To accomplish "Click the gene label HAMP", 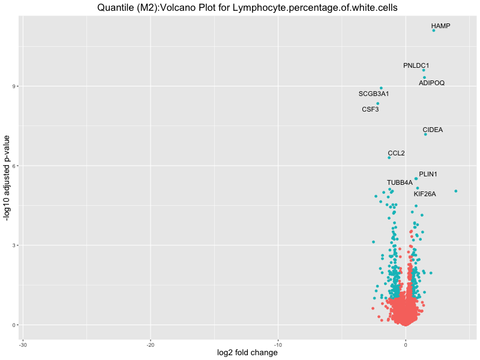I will (x=440, y=26).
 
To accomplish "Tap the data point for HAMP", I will (x=434, y=30).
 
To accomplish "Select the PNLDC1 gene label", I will (x=416, y=65).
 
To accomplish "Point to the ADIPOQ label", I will (x=431, y=83).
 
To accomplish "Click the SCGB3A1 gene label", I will (x=374, y=94).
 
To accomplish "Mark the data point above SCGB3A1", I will (x=381, y=88).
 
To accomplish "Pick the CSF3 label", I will (x=370, y=110).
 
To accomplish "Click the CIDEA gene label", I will (x=433, y=130).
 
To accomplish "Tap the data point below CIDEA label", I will (x=425, y=134).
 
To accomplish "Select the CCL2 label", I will (x=396, y=153).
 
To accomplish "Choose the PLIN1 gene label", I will (x=428, y=174).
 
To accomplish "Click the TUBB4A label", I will (x=400, y=182).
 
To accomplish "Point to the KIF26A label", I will (x=425, y=194).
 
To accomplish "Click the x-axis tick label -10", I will (x=278, y=344).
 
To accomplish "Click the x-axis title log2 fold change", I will (x=247, y=353).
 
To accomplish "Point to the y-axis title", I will (x=8, y=178).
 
